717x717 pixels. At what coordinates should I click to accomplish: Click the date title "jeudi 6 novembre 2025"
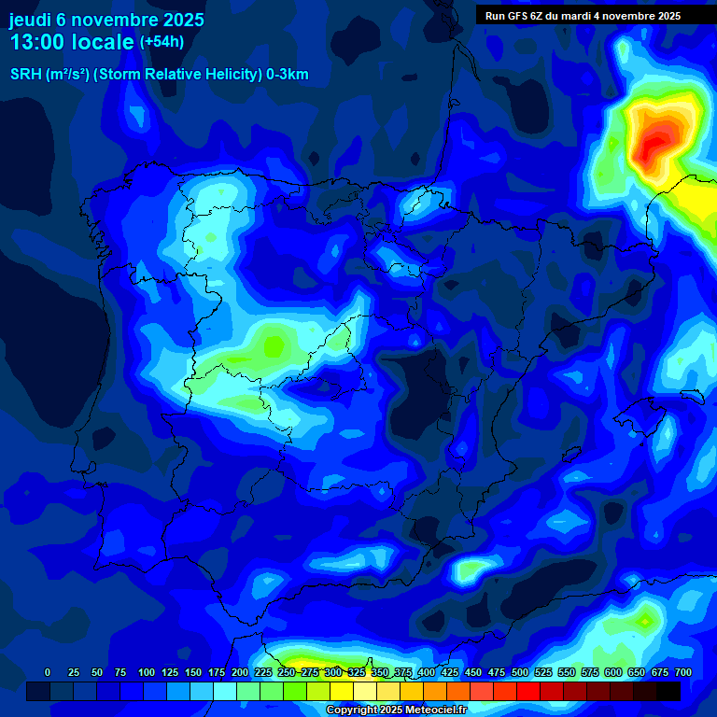point(106,20)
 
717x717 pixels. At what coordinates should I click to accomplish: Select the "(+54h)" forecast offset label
point(162,42)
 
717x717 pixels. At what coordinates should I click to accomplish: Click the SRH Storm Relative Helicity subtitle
point(159,75)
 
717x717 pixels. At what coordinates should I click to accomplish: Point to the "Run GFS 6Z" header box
point(583,15)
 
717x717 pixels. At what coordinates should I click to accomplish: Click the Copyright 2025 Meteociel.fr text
point(396,710)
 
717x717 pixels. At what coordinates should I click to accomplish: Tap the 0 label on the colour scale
point(48,672)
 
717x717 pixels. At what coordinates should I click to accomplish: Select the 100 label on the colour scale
point(147,672)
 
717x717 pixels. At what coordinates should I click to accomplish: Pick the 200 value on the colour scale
point(240,672)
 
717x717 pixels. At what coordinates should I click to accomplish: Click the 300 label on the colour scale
point(333,672)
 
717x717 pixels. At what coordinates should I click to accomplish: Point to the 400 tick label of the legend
point(427,672)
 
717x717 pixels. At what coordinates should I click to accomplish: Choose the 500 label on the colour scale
point(520,672)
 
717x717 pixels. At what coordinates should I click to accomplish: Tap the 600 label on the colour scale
point(613,672)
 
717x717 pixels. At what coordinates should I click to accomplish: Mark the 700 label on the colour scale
point(682,672)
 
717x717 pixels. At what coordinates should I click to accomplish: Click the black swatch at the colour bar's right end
point(668,691)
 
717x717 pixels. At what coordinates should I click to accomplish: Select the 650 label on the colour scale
point(637,672)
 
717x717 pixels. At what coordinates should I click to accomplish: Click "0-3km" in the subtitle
point(287,75)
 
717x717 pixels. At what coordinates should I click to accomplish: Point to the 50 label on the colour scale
point(97,672)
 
